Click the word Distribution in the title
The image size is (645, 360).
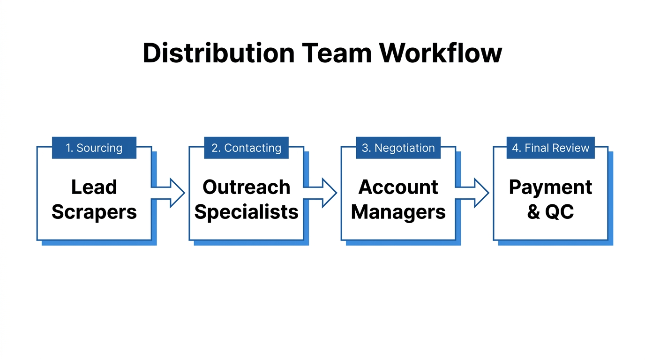pyautogui.click(x=218, y=53)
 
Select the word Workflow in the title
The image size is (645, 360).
pyautogui.click(x=441, y=53)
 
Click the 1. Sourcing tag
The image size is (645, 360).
pyautogui.click(x=94, y=148)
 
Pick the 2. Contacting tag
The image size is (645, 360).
pyautogui.click(x=246, y=148)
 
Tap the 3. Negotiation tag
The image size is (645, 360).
pyautogui.click(x=398, y=148)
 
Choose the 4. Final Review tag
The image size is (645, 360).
pyautogui.click(x=550, y=148)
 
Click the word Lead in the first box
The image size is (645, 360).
pyautogui.click(x=94, y=187)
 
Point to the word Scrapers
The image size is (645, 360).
pyautogui.click(x=94, y=212)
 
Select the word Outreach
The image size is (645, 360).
pyautogui.click(x=246, y=187)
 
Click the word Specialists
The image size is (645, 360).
pyautogui.click(x=246, y=212)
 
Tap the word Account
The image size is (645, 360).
pyautogui.click(x=398, y=187)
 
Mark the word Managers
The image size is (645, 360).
pyautogui.click(x=398, y=212)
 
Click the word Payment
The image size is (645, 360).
pyautogui.click(x=550, y=187)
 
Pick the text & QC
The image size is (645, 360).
pyautogui.click(x=550, y=212)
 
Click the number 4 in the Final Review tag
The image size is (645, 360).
pyautogui.click(x=515, y=148)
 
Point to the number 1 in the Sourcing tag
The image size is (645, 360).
pyautogui.click(x=68, y=148)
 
